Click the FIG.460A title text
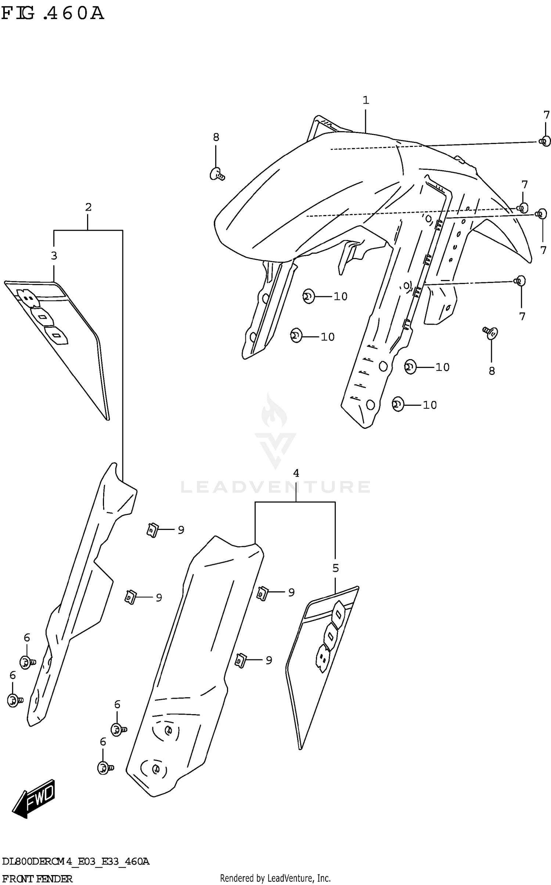click(53, 14)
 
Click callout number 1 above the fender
click(365, 100)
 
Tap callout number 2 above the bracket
click(88, 207)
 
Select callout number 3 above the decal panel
click(54, 256)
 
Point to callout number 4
click(296, 473)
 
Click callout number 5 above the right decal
click(335, 568)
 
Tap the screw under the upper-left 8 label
click(217, 174)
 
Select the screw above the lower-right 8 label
click(491, 333)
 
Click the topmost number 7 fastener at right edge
click(545, 141)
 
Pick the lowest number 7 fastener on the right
click(519, 281)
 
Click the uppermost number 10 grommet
click(309, 296)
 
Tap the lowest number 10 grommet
click(397, 405)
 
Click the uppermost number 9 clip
click(152, 530)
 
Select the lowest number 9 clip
click(240, 660)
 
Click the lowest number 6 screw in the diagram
click(105, 768)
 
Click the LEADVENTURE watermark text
click(275, 487)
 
